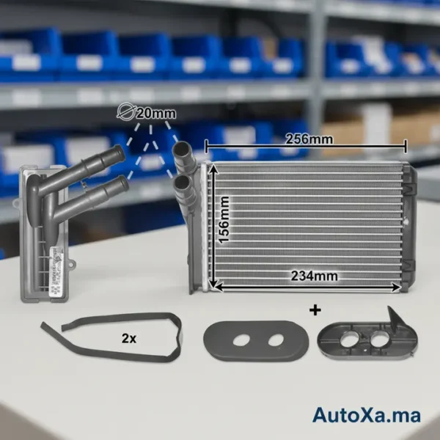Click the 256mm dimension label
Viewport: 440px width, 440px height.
[x=309, y=139]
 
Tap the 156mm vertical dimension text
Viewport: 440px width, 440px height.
[x=224, y=220]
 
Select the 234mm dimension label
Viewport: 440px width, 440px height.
[x=314, y=276]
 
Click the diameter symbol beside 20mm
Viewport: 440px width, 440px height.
[x=125, y=111]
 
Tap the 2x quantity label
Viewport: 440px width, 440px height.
[x=129, y=338]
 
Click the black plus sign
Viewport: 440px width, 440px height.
[x=315, y=311]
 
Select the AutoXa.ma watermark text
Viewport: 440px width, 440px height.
[x=367, y=415]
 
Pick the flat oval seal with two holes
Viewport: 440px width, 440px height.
[x=256, y=341]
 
